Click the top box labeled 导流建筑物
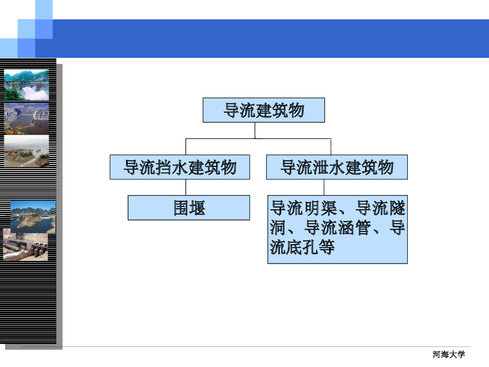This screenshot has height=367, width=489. click(x=264, y=110)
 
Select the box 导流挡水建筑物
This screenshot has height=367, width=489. click(x=180, y=167)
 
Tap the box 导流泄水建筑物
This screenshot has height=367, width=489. click(x=337, y=167)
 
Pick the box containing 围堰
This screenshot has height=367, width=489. click(x=189, y=208)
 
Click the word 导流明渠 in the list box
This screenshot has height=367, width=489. click(x=305, y=208)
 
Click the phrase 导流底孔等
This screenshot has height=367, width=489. click(x=302, y=247)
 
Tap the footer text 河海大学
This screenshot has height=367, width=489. click(x=448, y=355)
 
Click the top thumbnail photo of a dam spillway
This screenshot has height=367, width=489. click(x=27, y=85)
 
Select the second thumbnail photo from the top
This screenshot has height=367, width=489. click(x=27, y=119)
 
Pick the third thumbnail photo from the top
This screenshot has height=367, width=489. click(x=27, y=151)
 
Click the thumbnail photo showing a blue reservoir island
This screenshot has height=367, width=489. click(x=33, y=216)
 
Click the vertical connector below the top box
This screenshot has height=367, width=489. click(x=255, y=130)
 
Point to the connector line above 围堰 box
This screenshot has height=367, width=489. click(x=186, y=187)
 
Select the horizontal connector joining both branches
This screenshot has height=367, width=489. click(x=258, y=139)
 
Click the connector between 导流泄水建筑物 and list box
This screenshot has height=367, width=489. click(x=324, y=187)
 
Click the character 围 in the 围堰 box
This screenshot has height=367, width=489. click(x=181, y=208)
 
